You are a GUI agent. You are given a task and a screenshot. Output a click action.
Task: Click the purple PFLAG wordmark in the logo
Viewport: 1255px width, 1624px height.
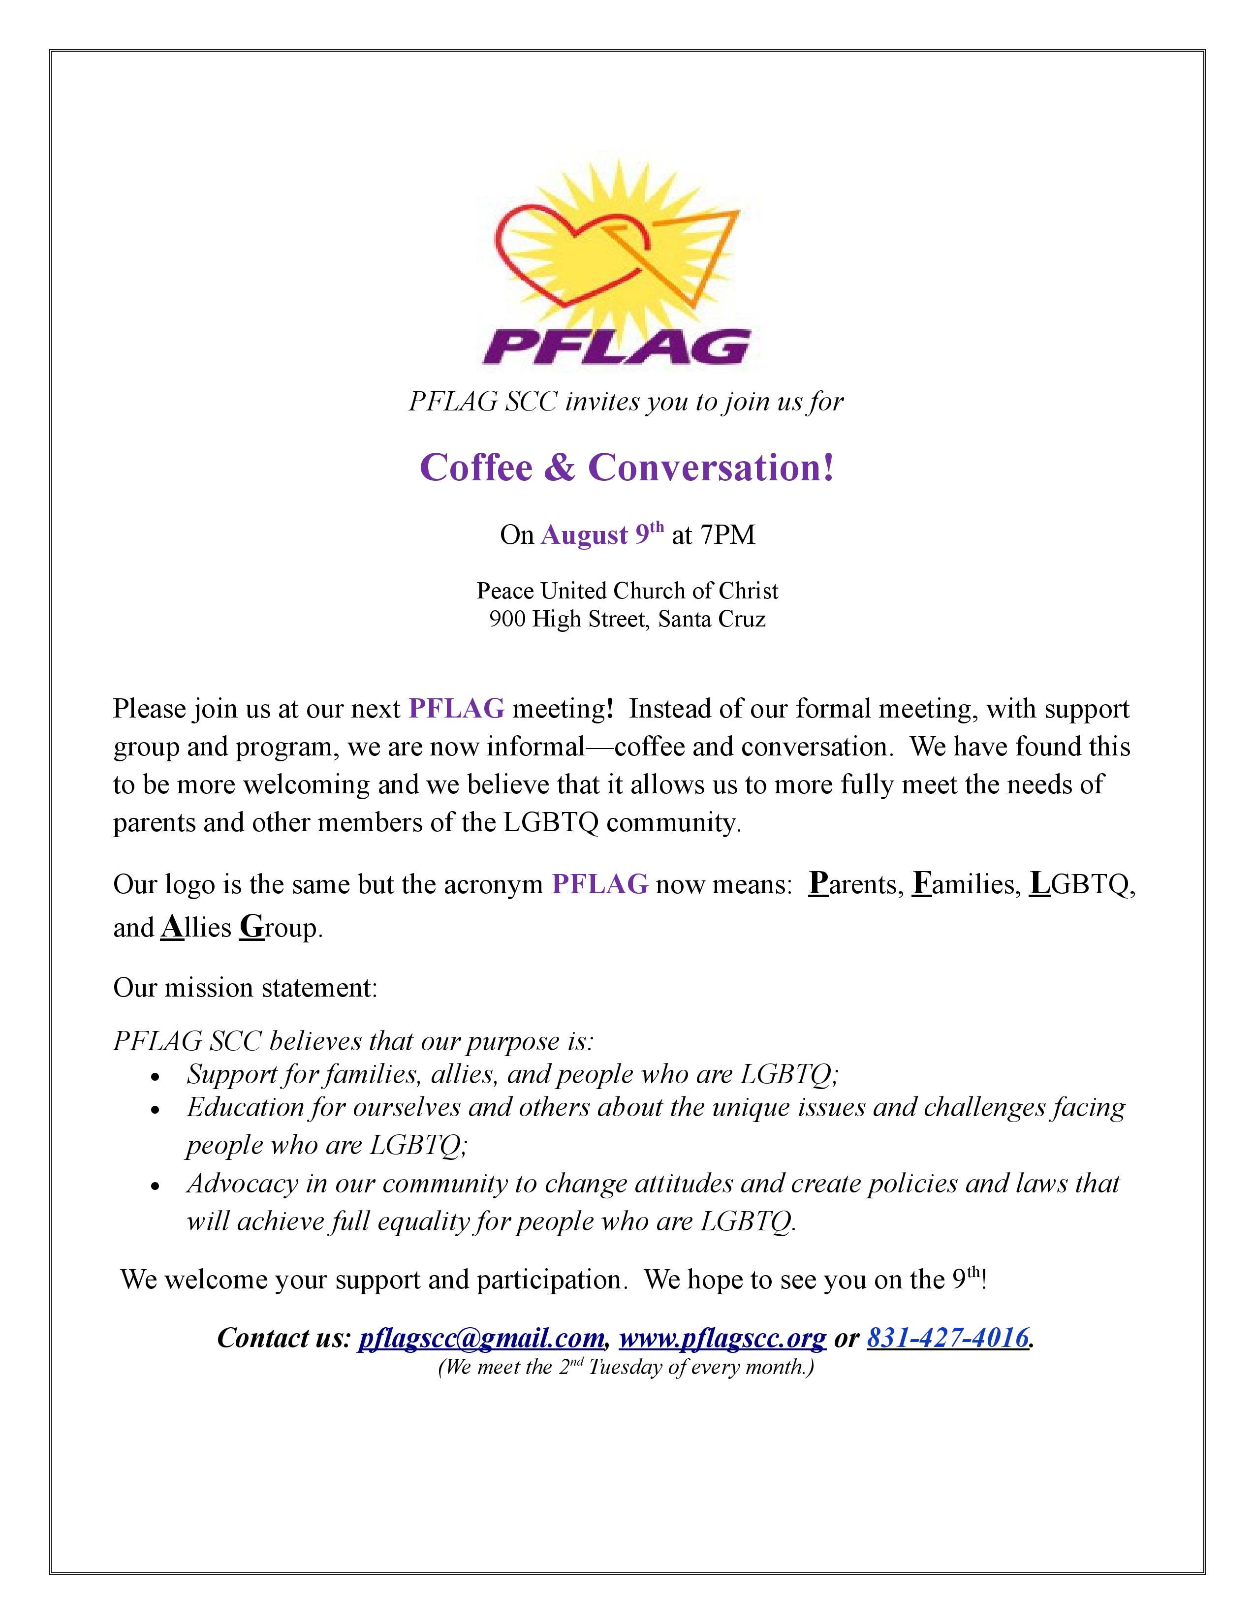point(616,345)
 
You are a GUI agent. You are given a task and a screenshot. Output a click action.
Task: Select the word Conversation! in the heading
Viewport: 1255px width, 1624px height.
point(712,468)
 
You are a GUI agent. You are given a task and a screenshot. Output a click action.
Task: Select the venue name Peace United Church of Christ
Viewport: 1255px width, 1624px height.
point(627,591)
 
